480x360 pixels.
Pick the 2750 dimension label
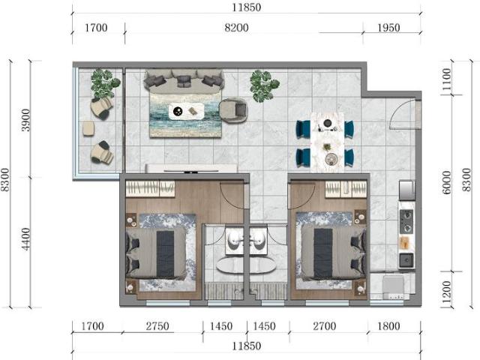pyautogui.click(x=157, y=327)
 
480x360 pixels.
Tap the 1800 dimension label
pyautogui.click(x=389, y=327)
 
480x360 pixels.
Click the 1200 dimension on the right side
pyautogui.click(x=448, y=289)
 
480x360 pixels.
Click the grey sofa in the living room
pyautogui.click(x=184, y=79)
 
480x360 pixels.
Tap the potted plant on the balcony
pyautogui.click(x=103, y=82)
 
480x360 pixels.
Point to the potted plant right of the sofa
pyautogui.click(x=263, y=84)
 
